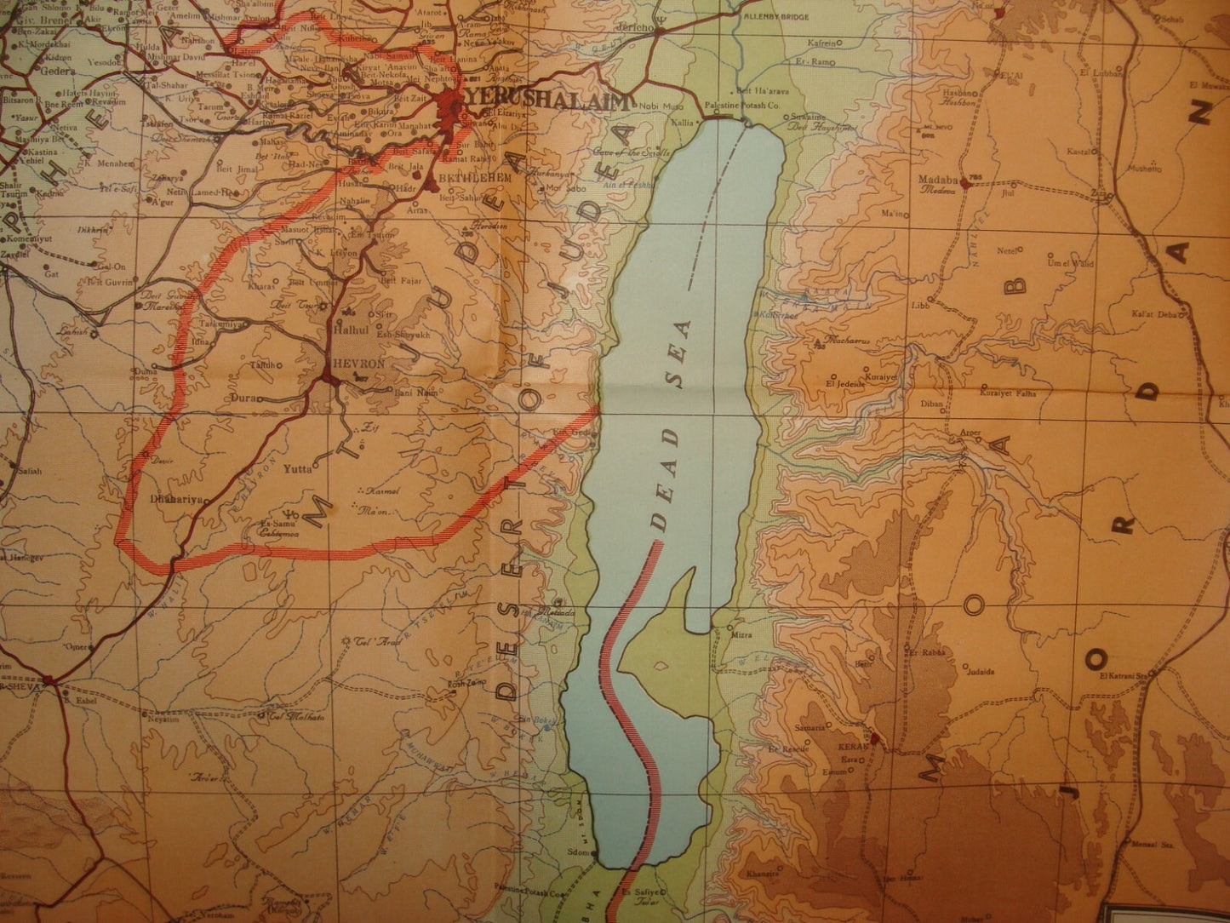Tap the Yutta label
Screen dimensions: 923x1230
[x=298, y=468]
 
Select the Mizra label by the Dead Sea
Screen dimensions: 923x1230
[x=737, y=634]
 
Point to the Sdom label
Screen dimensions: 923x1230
[x=581, y=852]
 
